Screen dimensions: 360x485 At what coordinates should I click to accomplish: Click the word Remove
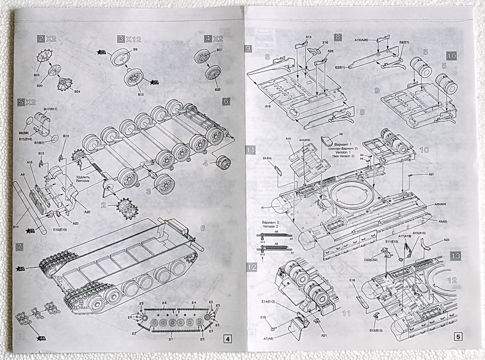(83, 180)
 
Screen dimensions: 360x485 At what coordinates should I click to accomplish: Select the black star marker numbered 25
(31, 230)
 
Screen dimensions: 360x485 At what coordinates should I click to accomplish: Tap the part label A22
(76, 223)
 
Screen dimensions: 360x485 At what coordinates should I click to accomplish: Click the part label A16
(29, 163)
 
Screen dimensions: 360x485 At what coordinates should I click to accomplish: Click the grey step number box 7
(19, 246)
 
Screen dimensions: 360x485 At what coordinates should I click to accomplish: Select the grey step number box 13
(455, 256)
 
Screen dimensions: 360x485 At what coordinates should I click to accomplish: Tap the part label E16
(325, 43)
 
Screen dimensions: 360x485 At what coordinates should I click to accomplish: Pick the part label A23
(446, 239)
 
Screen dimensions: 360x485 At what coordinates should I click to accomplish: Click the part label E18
(352, 280)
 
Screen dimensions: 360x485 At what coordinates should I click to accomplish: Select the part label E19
(262, 317)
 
